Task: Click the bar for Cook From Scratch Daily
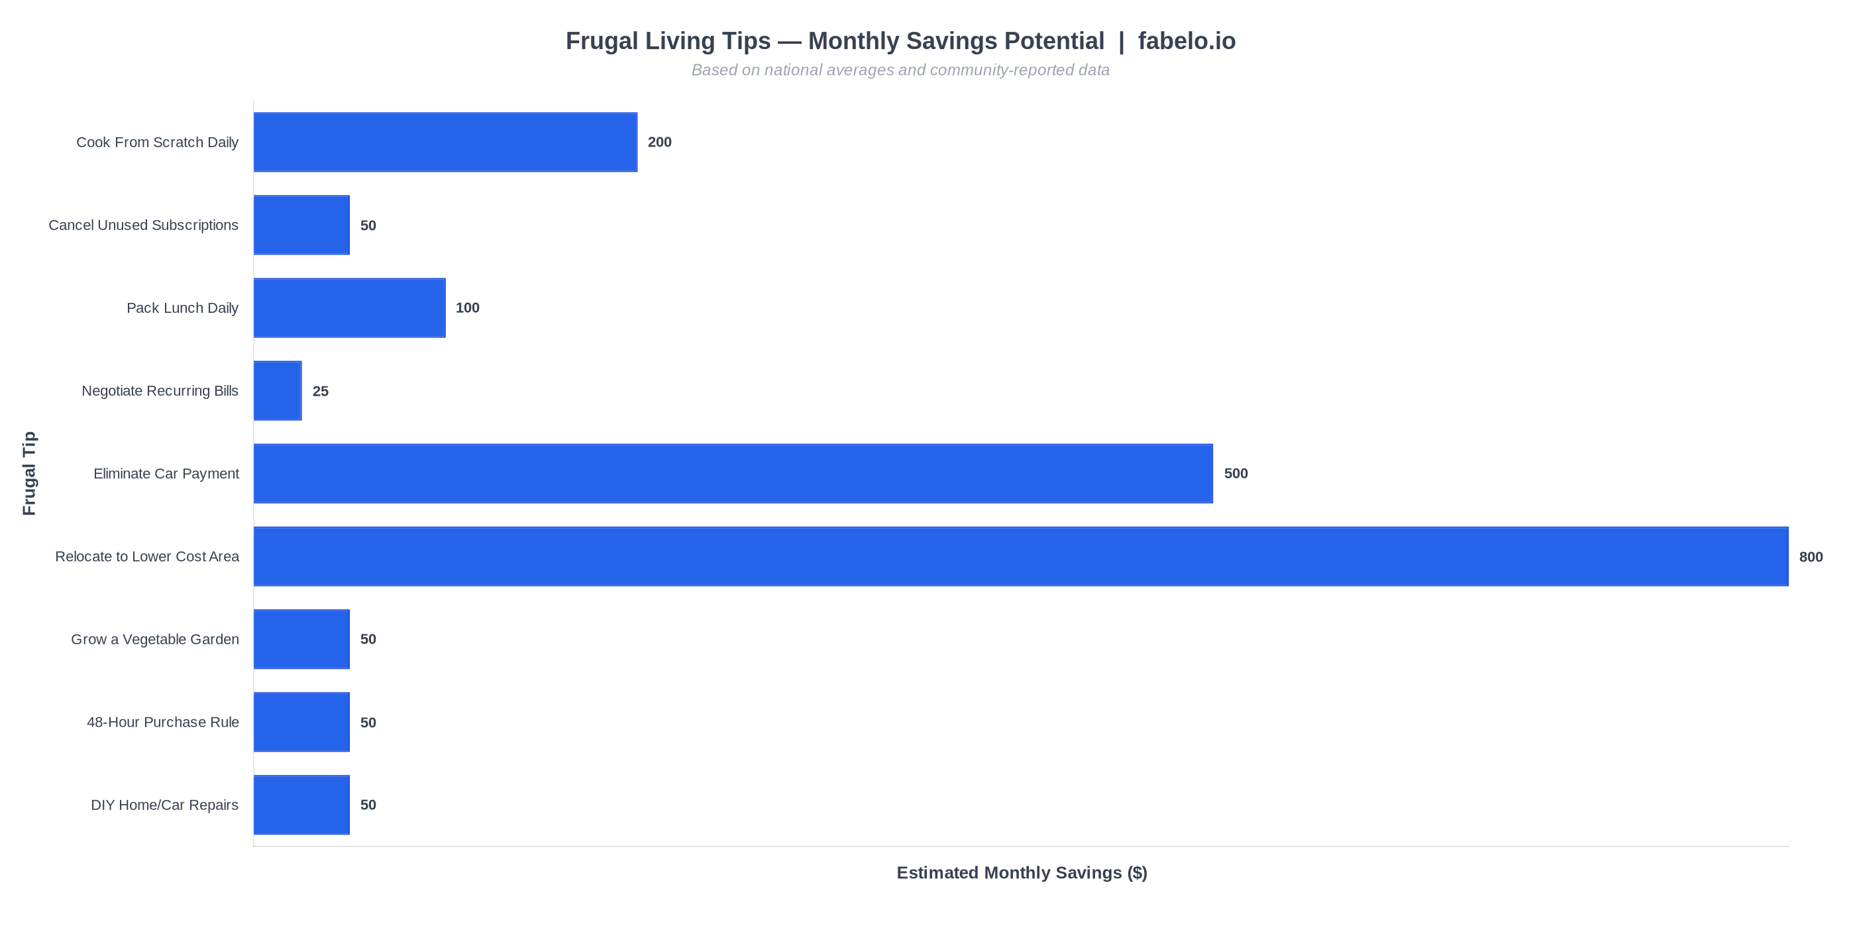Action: pyautogui.click(x=445, y=142)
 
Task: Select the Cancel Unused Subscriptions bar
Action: pyautogui.click(x=301, y=225)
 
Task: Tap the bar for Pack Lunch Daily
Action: pyautogui.click(x=349, y=308)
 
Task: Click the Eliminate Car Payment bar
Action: pyautogui.click(x=733, y=473)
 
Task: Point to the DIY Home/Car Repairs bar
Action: pyautogui.click(x=301, y=805)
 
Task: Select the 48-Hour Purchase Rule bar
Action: pyautogui.click(x=301, y=722)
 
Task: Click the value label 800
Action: pyautogui.click(x=1811, y=557)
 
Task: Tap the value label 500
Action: pyautogui.click(x=1236, y=473)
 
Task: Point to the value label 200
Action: pyautogui.click(x=659, y=142)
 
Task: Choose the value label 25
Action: pyautogui.click(x=321, y=391)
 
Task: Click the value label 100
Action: pyautogui.click(x=467, y=308)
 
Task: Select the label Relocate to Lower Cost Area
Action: pyautogui.click(x=147, y=556)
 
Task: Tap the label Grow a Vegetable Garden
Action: pyautogui.click(x=155, y=639)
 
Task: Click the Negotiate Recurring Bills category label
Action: pyautogui.click(x=160, y=390)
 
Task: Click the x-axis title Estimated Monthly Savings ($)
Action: pyautogui.click(x=1021, y=872)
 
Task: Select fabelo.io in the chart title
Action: pyautogui.click(x=1186, y=41)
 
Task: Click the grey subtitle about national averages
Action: pyautogui.click(x=900, y=70)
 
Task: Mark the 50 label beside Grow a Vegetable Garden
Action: pyautogui.click(x=368, y=639)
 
